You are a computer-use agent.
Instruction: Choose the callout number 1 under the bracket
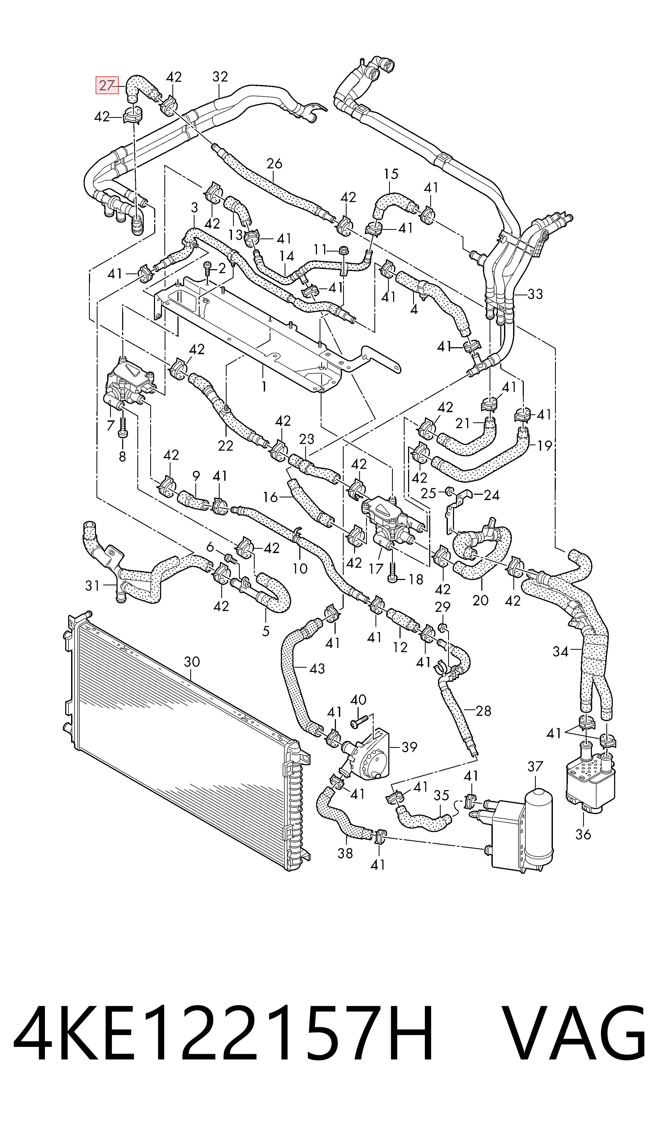click(x=264, y=386)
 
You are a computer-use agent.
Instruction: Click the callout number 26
click(x=274, y=164)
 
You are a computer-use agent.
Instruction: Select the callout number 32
click(x=220, y=77)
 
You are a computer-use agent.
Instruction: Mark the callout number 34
click(x=561, y=652)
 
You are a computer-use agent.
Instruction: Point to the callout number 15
click(x=391, y=174)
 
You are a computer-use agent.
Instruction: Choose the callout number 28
click(x=483, y=710)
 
